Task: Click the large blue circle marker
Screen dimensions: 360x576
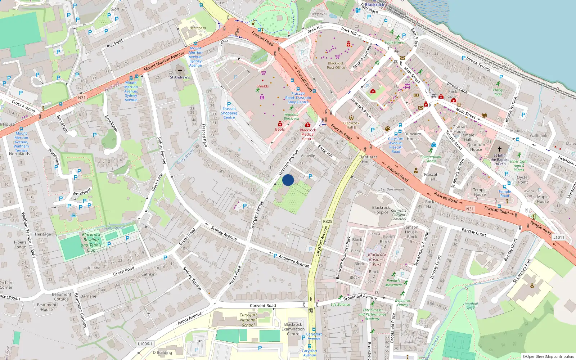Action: pos(288,180)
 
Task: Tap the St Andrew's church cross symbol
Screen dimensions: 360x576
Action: pos(180,71)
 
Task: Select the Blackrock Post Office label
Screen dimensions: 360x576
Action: pos(336,65)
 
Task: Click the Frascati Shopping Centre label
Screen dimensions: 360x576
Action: pos(229,113)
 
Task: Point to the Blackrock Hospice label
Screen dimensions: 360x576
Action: pos(381,210)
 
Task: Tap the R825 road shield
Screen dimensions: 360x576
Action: pos(328,221)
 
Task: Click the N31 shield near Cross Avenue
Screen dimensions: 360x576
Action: pos(82,98)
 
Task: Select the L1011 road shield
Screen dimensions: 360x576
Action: pos(559,237)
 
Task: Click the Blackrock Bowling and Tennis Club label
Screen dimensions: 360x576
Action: pos(91,242)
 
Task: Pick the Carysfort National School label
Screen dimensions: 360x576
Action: pos(248,320)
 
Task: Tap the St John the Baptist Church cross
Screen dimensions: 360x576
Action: pos(499,149)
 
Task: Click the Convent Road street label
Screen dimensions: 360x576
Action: pos(263,306)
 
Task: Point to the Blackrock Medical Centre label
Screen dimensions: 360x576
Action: pos(308,134)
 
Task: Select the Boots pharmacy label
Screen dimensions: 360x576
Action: pos(280,129)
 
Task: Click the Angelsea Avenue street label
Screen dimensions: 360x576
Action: pos(294,261)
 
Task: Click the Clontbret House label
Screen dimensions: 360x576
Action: pos(368,159)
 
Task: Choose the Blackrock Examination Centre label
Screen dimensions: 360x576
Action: pos(293,329)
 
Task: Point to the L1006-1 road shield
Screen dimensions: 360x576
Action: pos(145,344)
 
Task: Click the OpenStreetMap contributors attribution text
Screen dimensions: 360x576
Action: pos(549,356)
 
